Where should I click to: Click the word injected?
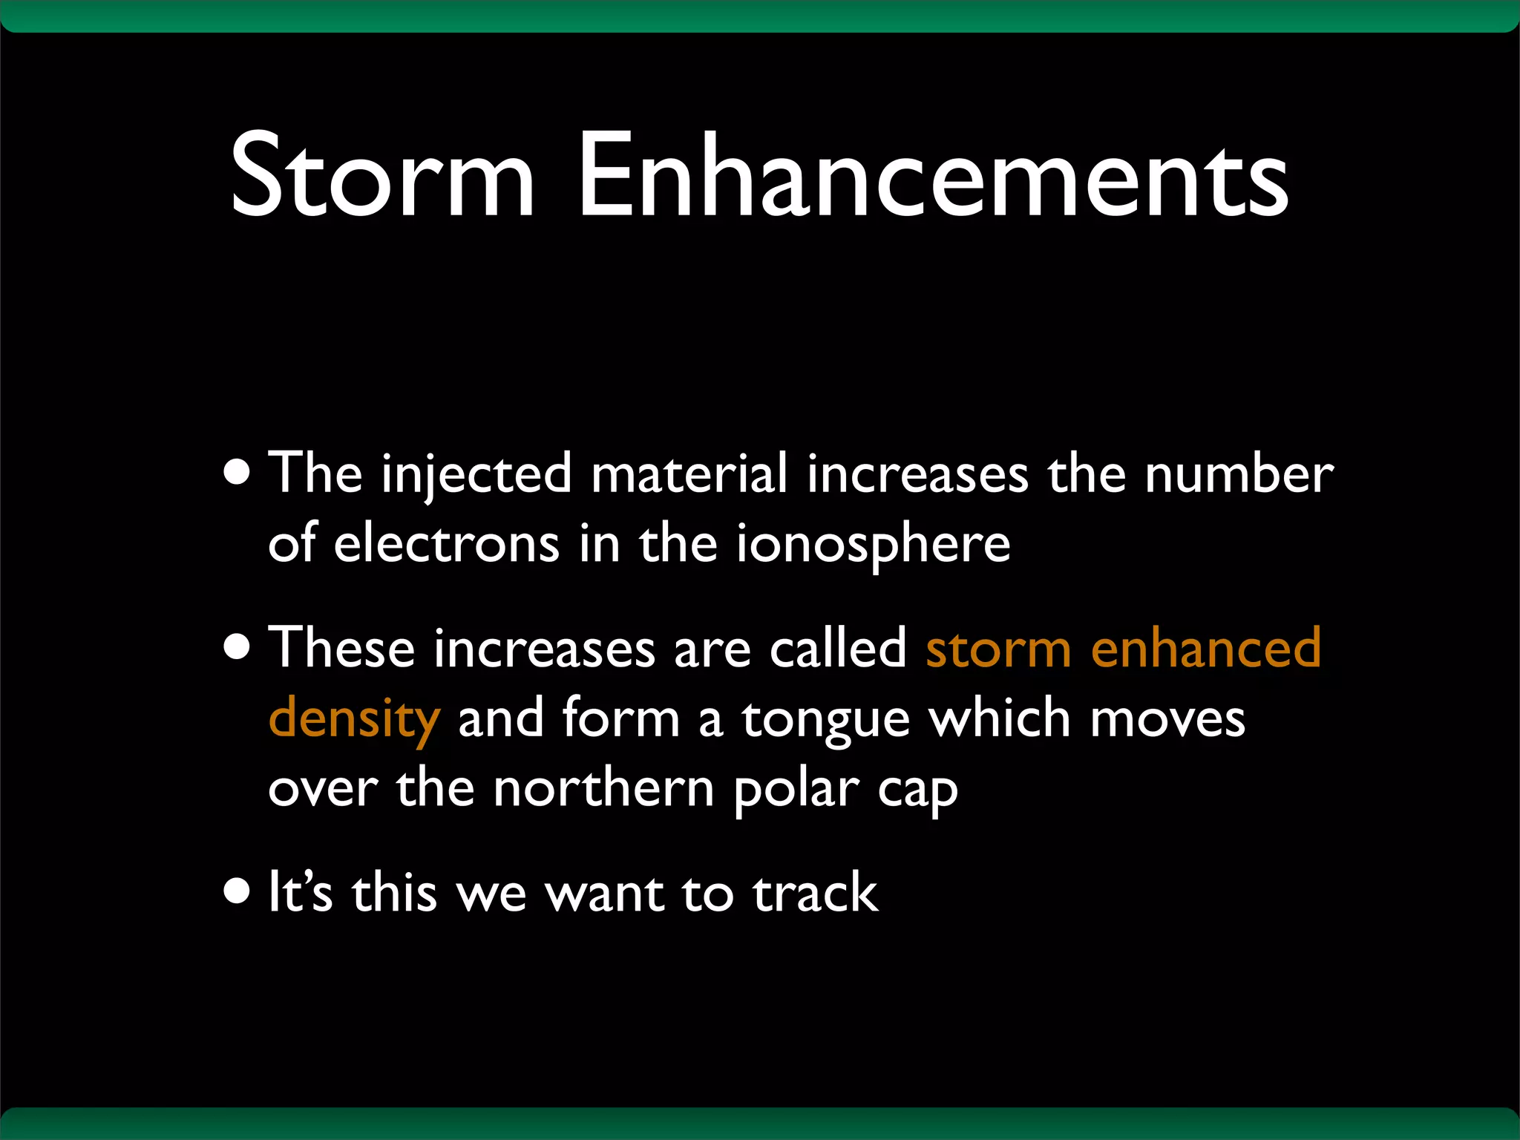pyautogui.click(x=476, y=475)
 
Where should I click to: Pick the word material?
pyautogui.click(x=689, y=475)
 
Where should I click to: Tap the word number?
pyautogui.click(x=1239, y=475)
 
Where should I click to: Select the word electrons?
pyautogui.click(x=446, y=544)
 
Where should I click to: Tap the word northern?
pyautogui.click(x=603, y=788)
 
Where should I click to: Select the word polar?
pyautogui.click(x=796, y=790)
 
